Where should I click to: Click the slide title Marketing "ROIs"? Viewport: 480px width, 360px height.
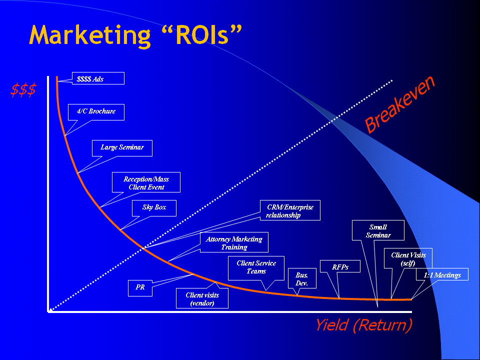pos(135,35)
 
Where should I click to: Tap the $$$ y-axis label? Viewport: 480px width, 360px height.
pos(23,90)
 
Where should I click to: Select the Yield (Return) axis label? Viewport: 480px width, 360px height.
pos(363,325)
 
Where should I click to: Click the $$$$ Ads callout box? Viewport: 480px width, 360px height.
pos(98,78)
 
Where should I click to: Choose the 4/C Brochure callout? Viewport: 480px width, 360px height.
pos(96,111)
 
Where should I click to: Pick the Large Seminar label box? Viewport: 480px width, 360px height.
pos(122,147)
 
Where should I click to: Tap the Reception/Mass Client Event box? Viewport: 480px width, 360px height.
pos(146,182)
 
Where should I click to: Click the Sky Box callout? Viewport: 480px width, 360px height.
pos(154,207)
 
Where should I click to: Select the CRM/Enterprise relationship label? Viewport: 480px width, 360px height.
pos(290,210)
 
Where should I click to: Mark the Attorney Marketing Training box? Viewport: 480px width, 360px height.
pos(234,243)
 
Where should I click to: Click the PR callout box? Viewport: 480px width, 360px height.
pos(140,287)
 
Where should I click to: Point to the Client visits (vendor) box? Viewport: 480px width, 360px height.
pos(202,298)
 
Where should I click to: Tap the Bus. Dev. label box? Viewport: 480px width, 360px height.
pos(301,279)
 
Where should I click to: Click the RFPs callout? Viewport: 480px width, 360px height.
pos(340,267)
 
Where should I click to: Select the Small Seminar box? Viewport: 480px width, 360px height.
pos(378,230)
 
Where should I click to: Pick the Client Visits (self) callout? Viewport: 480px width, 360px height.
pos(408,259)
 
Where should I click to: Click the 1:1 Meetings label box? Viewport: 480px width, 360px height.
pos(442,274)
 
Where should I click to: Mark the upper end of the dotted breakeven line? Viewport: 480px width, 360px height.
pos(392,80)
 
